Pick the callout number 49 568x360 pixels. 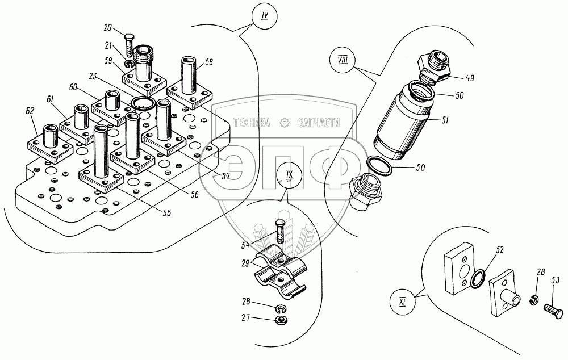[x=470, y=78]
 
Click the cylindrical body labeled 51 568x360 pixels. [x=404, y=122]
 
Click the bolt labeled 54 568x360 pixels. [x=279, y=231]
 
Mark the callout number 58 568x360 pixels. [x=210, y=61]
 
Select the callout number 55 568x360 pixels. [x=167, y=214]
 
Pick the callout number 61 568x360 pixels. [x=51, y=99]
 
